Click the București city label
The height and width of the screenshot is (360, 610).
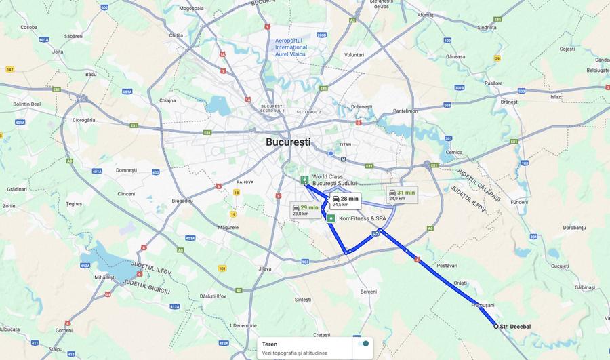point(287,142)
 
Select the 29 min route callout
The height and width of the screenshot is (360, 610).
point(304,209)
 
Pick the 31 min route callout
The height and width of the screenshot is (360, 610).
point(401,195)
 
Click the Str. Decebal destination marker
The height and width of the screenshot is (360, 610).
point(496,326)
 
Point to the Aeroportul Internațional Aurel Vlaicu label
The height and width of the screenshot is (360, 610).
point(291,47)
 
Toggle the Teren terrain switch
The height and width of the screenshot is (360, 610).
point(364,344)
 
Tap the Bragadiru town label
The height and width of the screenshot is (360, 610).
point(183,201)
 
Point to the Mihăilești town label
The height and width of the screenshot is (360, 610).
point(105,277)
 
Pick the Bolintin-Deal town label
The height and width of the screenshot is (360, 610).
point(27,104)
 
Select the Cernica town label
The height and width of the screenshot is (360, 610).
point(454,152)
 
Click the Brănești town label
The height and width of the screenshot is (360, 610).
point(509,102)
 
